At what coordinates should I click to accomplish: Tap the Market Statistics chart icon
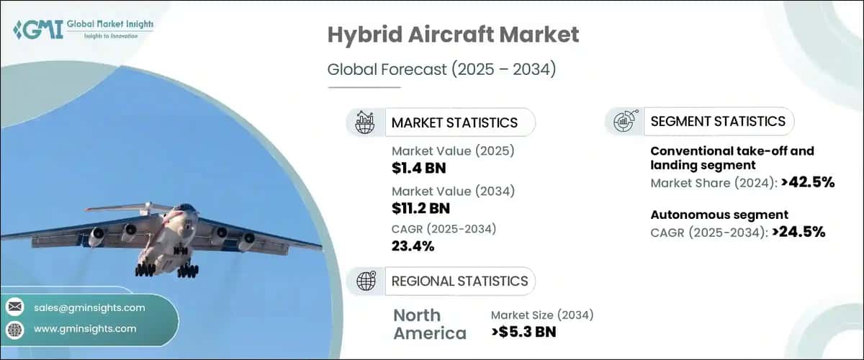[366, 122]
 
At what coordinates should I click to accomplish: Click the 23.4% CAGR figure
[413, 246]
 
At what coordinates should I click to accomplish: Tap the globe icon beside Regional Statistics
[366, 281]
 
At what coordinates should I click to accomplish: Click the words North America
[429, 324]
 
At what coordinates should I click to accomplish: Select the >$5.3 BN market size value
[524, 332]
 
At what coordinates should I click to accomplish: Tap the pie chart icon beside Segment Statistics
[624, 121]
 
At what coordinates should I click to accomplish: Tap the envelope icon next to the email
[15, 307]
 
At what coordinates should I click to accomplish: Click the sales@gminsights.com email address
[89, 307]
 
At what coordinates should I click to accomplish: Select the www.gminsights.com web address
[85, 328]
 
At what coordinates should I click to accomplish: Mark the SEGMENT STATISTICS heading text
[718, 121]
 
